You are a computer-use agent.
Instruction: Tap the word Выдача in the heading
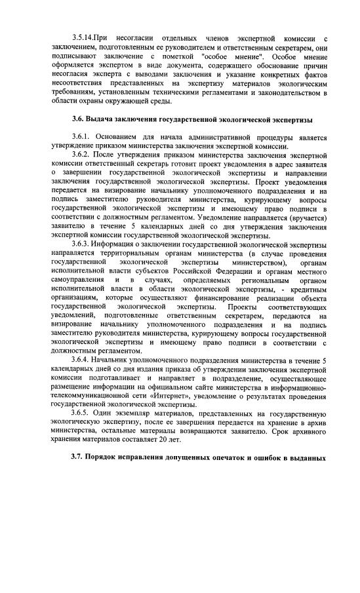[101, 119]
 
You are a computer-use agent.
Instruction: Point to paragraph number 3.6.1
[83, 138]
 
